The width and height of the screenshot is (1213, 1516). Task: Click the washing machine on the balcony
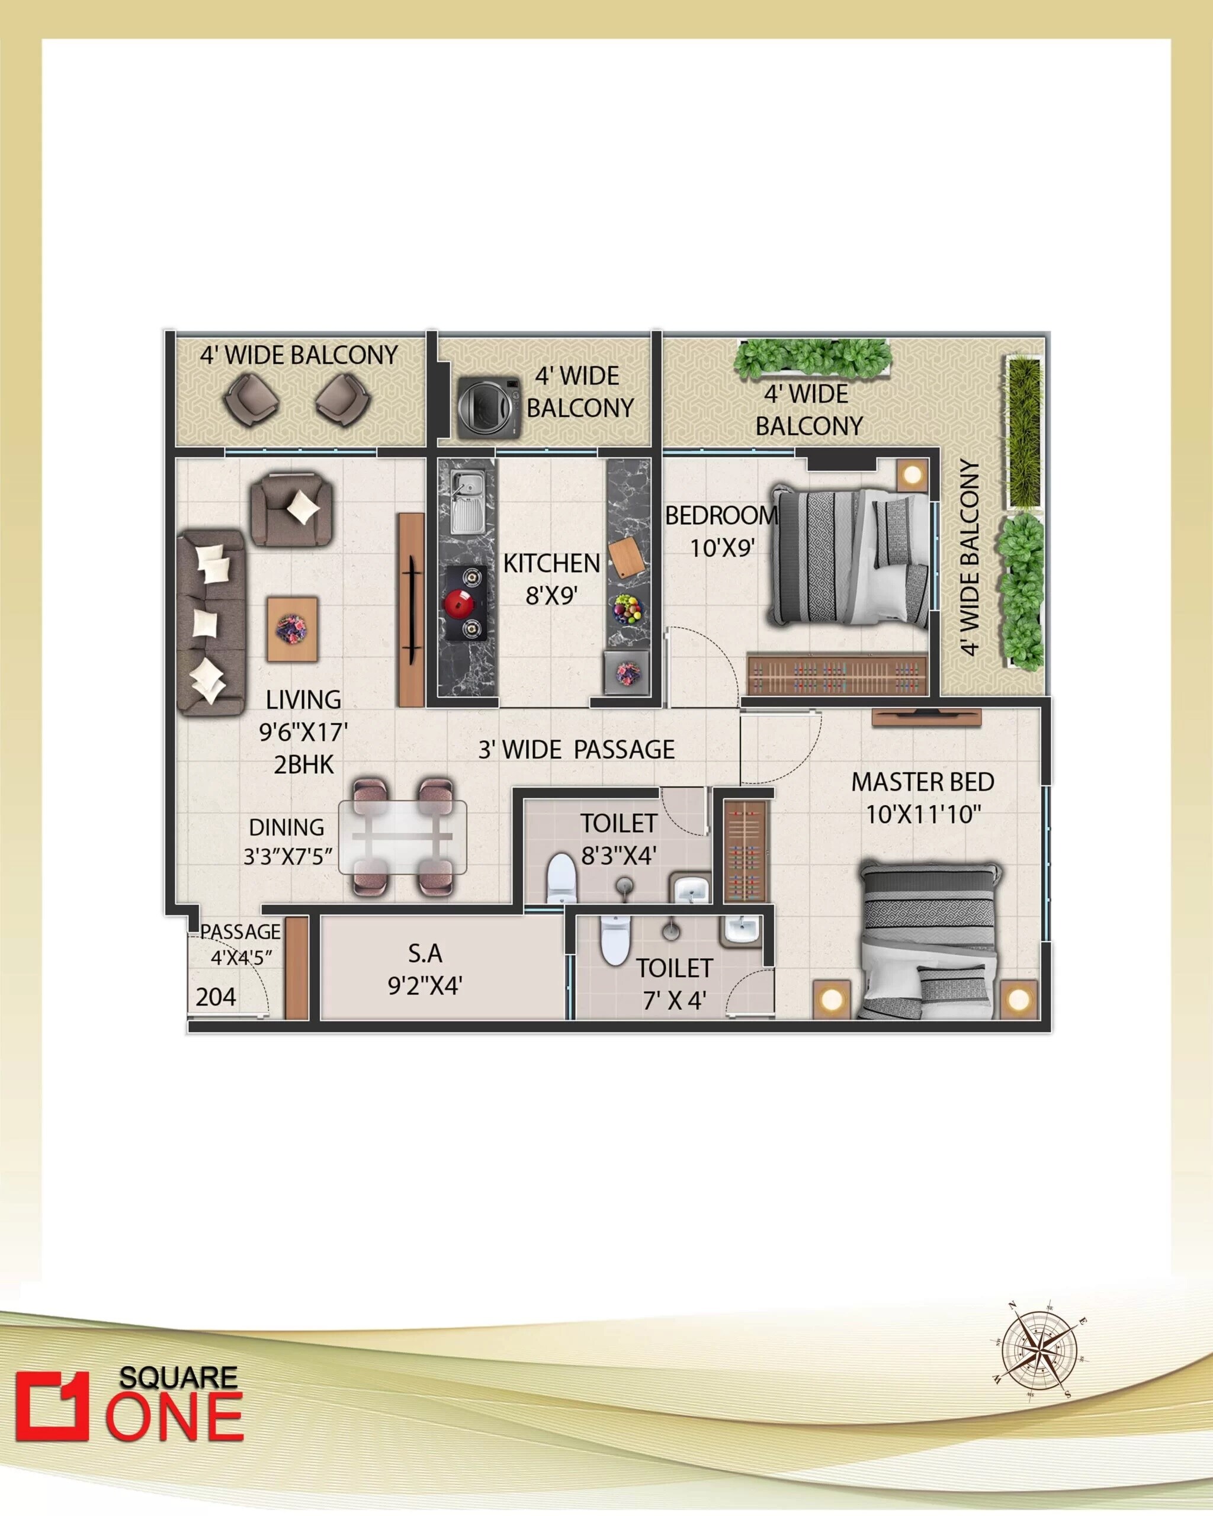489,408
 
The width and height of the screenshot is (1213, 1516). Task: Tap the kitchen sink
465,502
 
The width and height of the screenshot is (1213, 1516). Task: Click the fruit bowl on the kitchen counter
627,608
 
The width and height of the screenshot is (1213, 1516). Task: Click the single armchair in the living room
291,508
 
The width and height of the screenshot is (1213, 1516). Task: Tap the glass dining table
402,837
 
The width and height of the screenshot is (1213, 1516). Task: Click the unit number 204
216,997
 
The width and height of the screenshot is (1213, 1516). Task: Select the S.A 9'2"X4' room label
425,969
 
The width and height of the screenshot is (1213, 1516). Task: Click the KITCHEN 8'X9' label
551,579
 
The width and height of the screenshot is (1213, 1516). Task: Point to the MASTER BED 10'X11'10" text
923,798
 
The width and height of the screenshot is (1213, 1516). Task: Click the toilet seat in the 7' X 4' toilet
615,940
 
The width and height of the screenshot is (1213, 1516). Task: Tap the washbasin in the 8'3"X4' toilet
692,889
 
